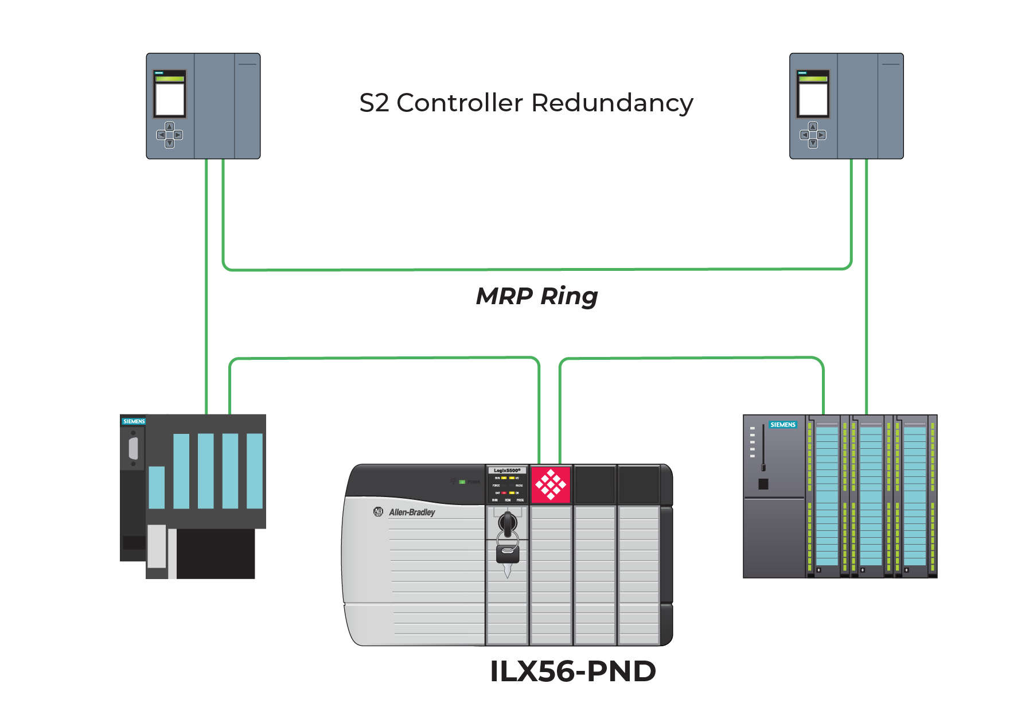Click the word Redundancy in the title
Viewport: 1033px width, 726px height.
(x=612, y=103)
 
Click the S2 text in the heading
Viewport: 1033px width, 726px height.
(x=374, y=103)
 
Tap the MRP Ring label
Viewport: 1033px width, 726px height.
(x=537, y=296)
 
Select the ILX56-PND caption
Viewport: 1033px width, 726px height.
(x=572, y=671)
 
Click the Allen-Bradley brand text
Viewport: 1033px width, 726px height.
(x=412, y=512)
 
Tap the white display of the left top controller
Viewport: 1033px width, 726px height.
(x=170, y=99)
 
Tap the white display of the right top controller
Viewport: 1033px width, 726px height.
(x=813, y=99)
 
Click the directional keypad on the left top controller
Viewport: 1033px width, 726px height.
(x=170, y=135)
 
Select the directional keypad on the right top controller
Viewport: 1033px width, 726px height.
(x=813, y=135)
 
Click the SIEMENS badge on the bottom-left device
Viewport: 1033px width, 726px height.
(x=134, y=421)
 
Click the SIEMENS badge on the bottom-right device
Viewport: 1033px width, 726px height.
(x=782, y=425)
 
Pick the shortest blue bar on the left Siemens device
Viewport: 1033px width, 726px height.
(x=157, y=487)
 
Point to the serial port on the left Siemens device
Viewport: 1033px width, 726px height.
(x=134, y=448)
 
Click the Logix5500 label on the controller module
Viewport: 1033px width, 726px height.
(x=507, y=470)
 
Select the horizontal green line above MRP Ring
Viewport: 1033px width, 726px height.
(x=537, y=269)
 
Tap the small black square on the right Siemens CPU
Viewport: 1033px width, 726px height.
(x=763, y=484)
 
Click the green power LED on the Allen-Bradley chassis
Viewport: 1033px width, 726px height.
(x=462, y=482)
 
